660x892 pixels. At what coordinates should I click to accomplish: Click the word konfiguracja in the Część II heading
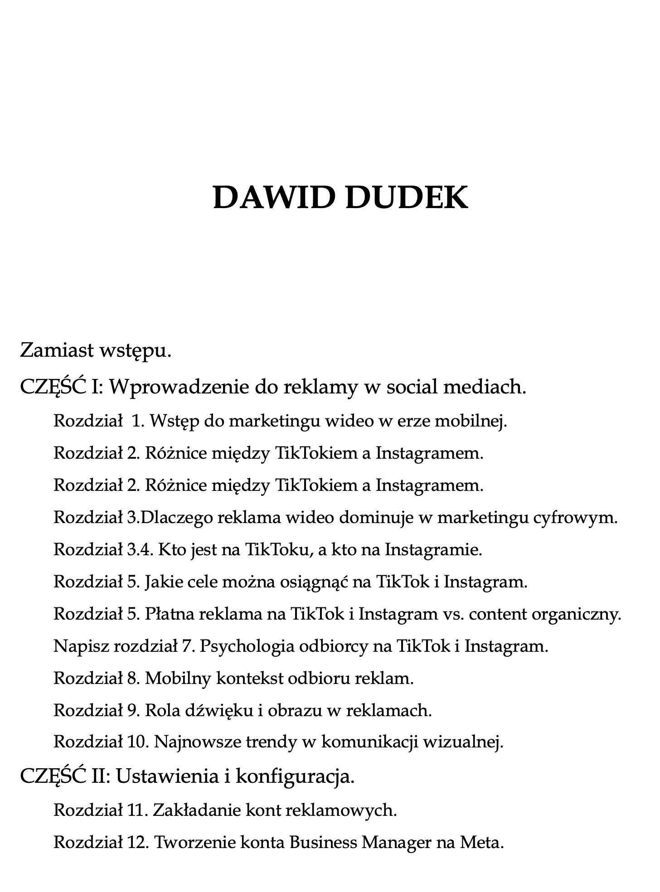pyautogui.click(x=295, y=777)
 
